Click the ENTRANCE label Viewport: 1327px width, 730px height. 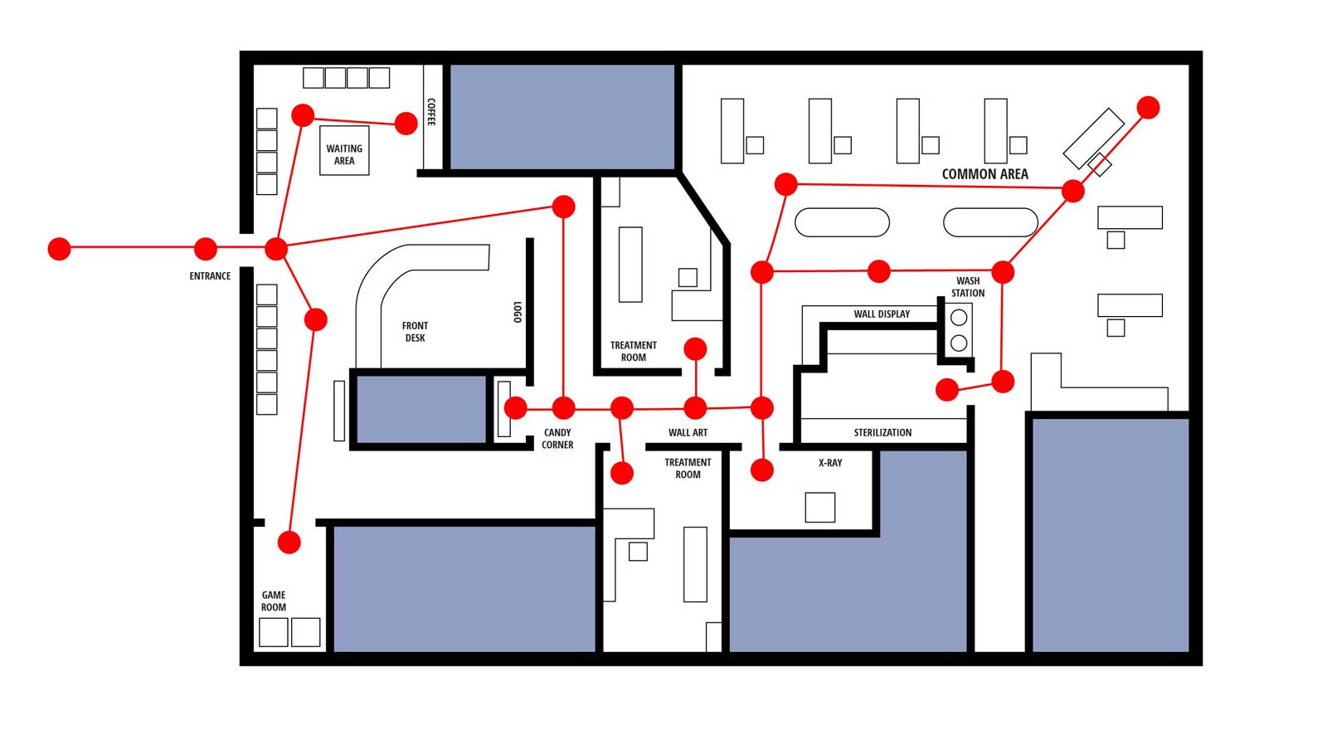click(210, 276)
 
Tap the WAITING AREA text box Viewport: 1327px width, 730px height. click(344, 154)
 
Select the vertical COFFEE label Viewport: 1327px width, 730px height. click(431, 112)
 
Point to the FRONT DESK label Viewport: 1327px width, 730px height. click(415, 332)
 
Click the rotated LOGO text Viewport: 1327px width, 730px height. click(518, 312)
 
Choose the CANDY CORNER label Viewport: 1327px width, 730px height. click(557, 439)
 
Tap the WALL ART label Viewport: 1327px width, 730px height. click(688, 433)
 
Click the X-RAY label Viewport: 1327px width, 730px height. click(829, 463)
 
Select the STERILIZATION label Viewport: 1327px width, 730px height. click(882, 433)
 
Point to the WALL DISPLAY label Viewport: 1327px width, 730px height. click(882, 314)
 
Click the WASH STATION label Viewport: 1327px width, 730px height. click(968, 287)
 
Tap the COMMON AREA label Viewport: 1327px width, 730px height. click(984, 174)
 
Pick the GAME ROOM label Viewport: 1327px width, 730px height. click(274, 601)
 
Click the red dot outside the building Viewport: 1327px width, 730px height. click(59, 248)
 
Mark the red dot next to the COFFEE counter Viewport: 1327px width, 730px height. click(406, 124)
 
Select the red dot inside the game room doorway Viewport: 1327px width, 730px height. click(289, 543)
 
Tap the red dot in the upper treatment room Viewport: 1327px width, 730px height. click(695, 349)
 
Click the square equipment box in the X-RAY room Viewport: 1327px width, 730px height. click(819, 507)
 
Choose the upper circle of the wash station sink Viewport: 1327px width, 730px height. click(959, 318)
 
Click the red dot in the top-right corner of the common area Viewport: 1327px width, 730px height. click(1148, 107)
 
